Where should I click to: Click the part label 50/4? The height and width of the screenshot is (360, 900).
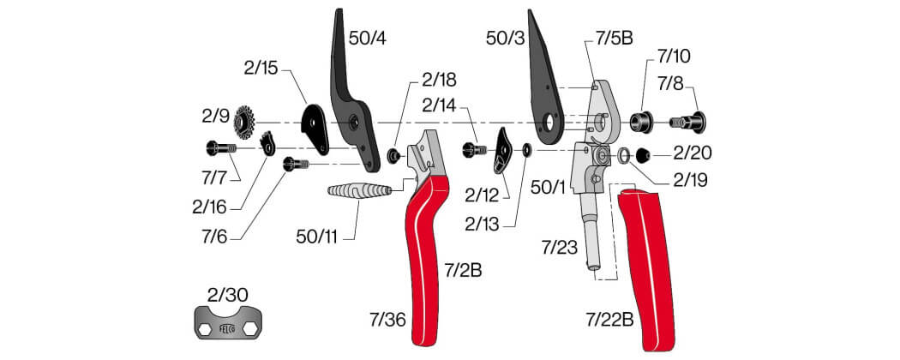click(x=368, y=39)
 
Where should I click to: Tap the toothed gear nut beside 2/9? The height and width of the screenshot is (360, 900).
click(x=244, y=122)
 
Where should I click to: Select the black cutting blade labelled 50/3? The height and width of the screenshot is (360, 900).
click(x=545, y=81)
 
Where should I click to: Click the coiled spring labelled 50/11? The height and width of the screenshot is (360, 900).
click(x=359, y=190)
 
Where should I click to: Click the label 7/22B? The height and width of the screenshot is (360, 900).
click(x=609, y=320)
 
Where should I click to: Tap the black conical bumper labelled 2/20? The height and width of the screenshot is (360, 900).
click(x=645, y=154)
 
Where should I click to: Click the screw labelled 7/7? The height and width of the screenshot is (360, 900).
click(x=221, y=148)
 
